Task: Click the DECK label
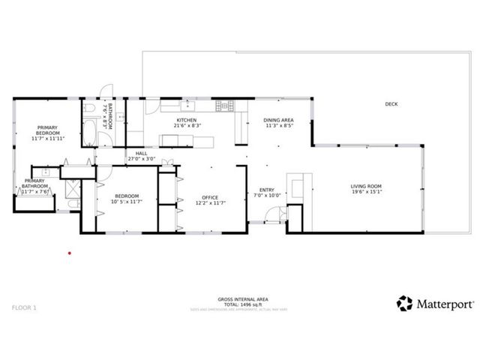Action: pos(391,104)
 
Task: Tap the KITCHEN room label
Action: pos(187,120)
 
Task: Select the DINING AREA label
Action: pos(277,120)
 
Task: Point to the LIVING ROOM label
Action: pos(366,186)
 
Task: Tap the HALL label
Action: pos(142,153)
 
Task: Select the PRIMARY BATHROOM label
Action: pos(36,184)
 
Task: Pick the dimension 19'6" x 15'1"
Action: pos(366,192)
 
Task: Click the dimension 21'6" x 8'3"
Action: pos(187,126)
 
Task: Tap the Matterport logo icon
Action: pos(405,304)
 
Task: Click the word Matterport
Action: pos(445,304)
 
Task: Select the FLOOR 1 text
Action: pos(24,307)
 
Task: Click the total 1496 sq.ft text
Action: pos(239,304)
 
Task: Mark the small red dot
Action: pos(69,253)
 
